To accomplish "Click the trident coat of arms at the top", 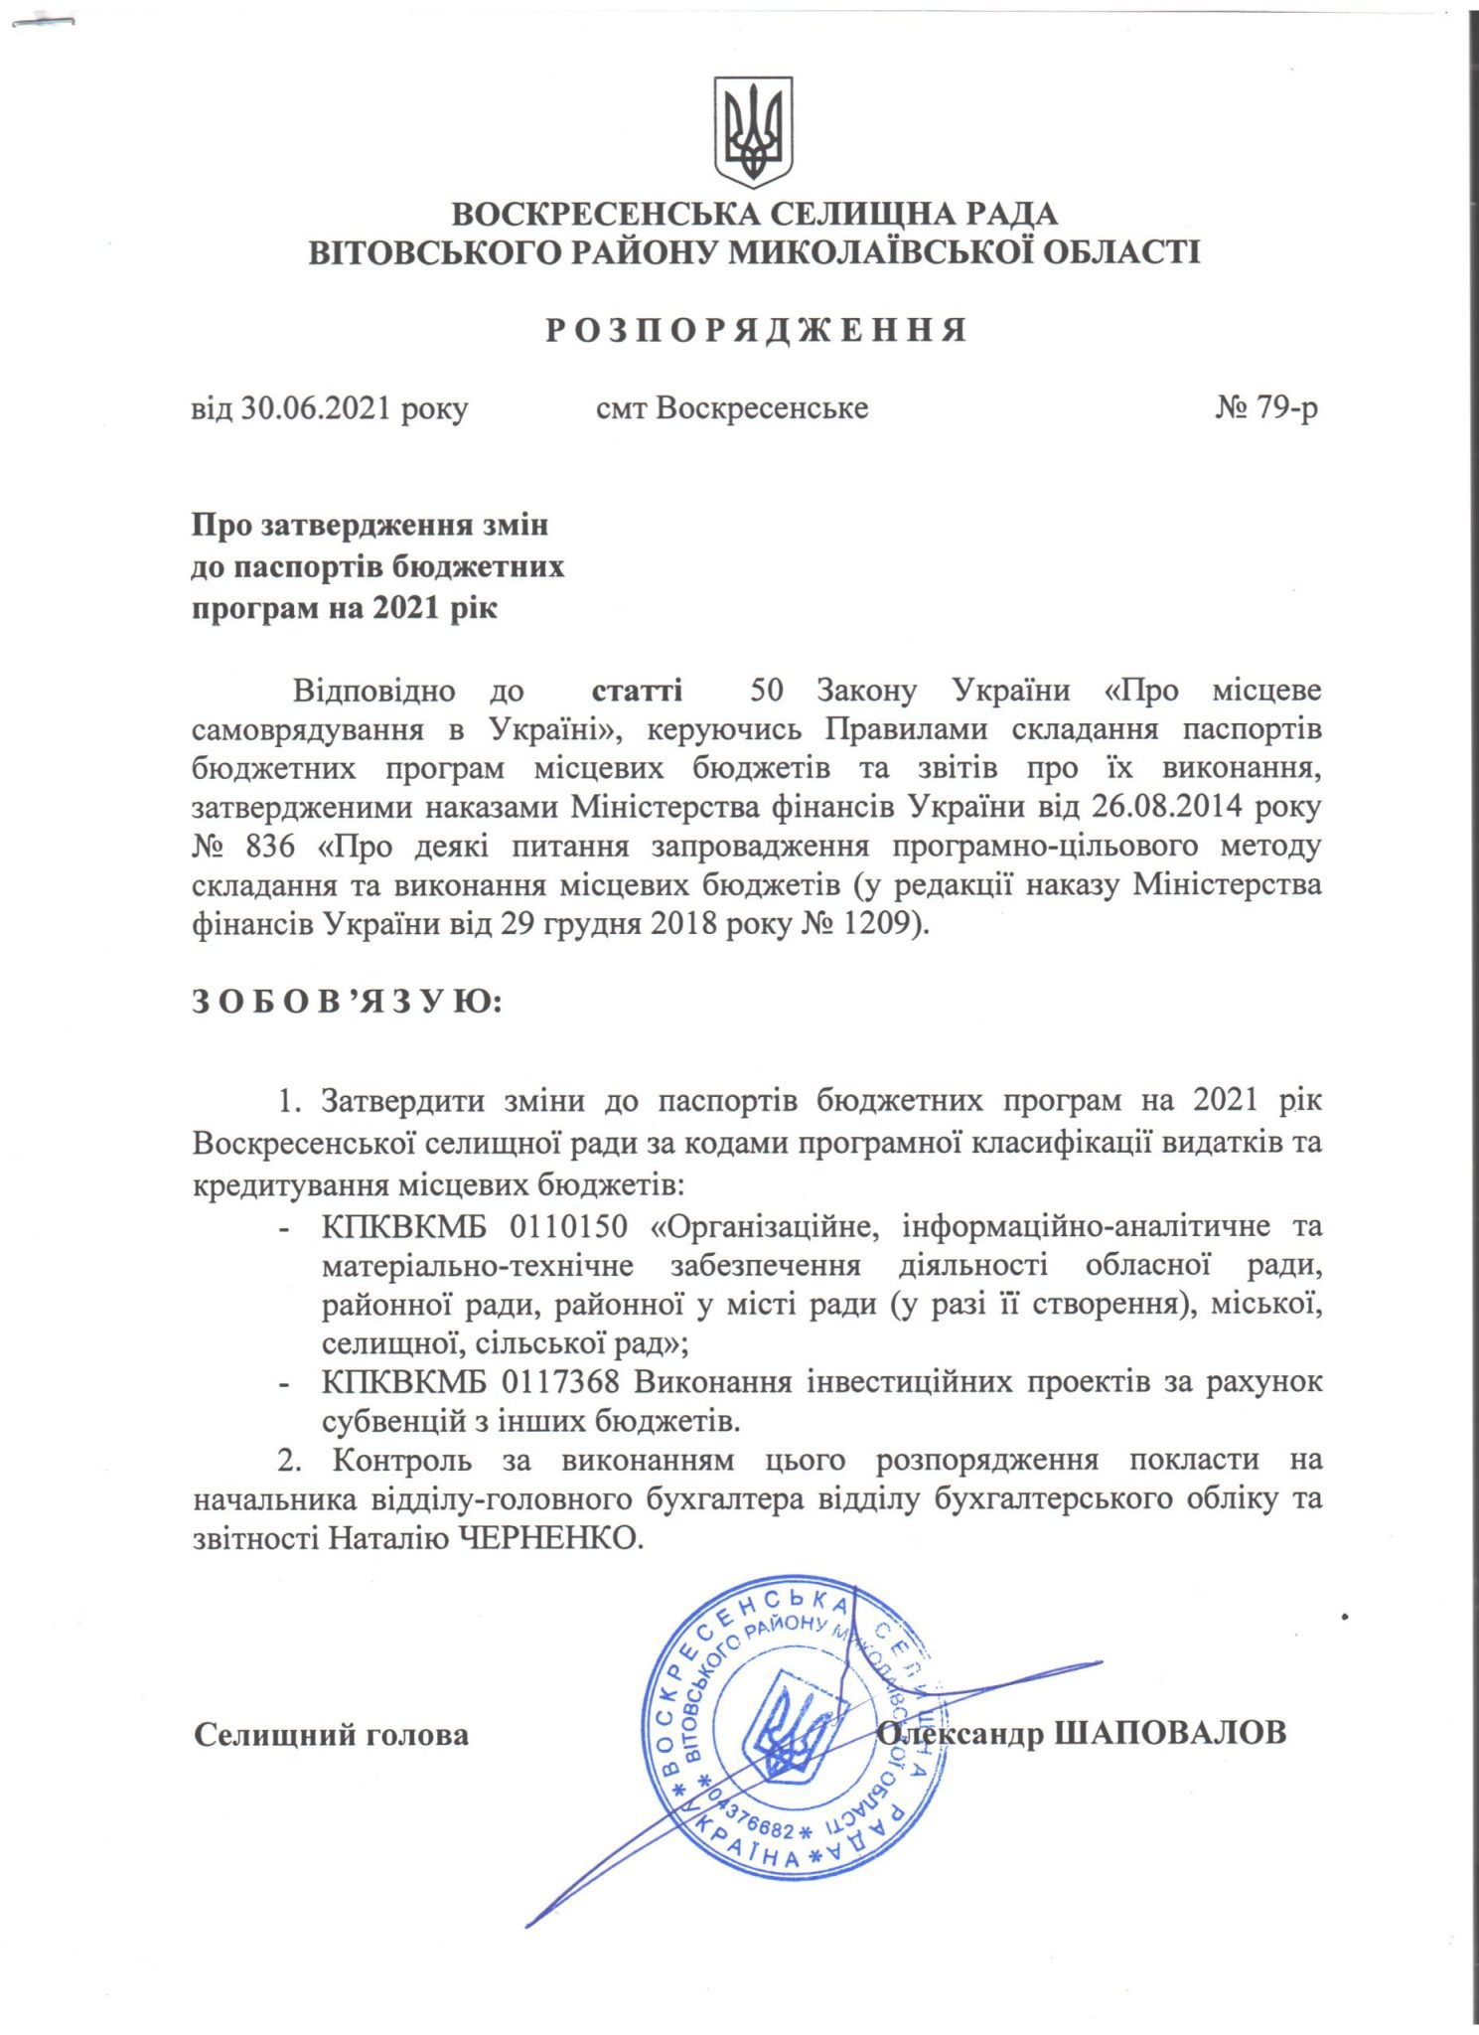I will (753, 131).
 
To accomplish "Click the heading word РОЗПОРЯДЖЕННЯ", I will (756, 331).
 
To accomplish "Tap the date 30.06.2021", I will (317, 408).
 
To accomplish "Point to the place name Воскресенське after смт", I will (762, 408).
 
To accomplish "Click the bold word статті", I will (637, 690).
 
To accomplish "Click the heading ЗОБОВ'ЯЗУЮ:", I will (348, 1003).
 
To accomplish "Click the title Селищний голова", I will (331, 1735).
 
